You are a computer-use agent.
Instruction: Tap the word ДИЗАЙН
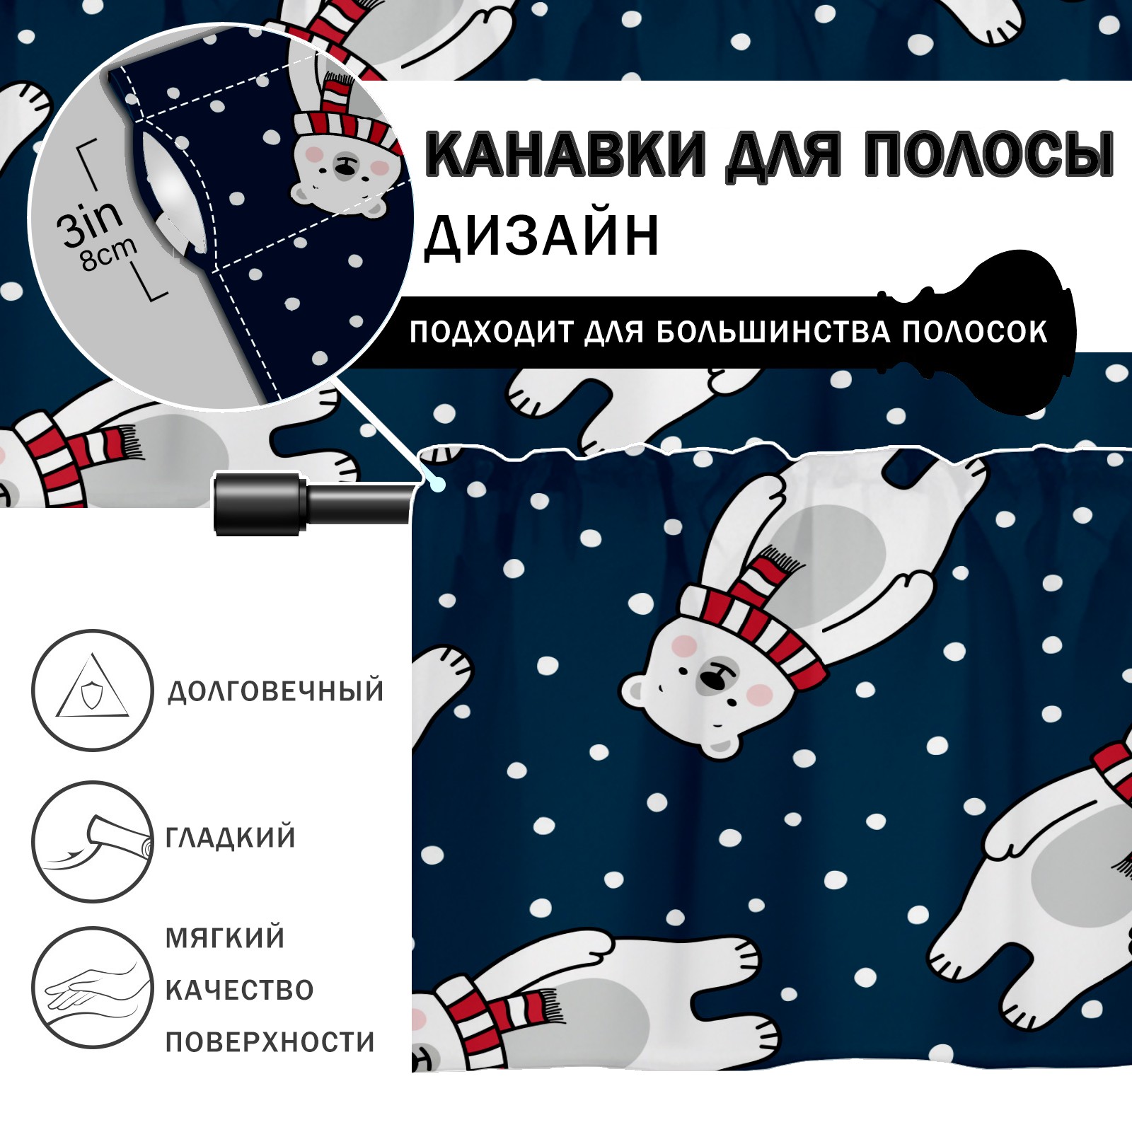tap(542, 236)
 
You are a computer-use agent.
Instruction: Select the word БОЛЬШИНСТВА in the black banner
tap(773, 332)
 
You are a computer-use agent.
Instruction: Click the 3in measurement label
tap(90, 222)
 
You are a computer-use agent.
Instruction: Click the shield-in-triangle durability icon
tap(93, 690)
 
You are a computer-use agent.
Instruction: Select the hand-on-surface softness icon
tap(93, 988)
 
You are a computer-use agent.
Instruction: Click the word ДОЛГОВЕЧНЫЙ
tap(276, 691)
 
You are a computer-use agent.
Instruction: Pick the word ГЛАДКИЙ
tap(231, 837)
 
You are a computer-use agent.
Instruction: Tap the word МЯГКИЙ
tap(225, 937)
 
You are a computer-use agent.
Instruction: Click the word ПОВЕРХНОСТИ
tap(270, 1041)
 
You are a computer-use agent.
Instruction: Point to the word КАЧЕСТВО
tap(240, 990)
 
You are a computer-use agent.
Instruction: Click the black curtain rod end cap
tap(260, 503)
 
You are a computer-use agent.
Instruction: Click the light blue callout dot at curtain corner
tap(438, 485)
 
